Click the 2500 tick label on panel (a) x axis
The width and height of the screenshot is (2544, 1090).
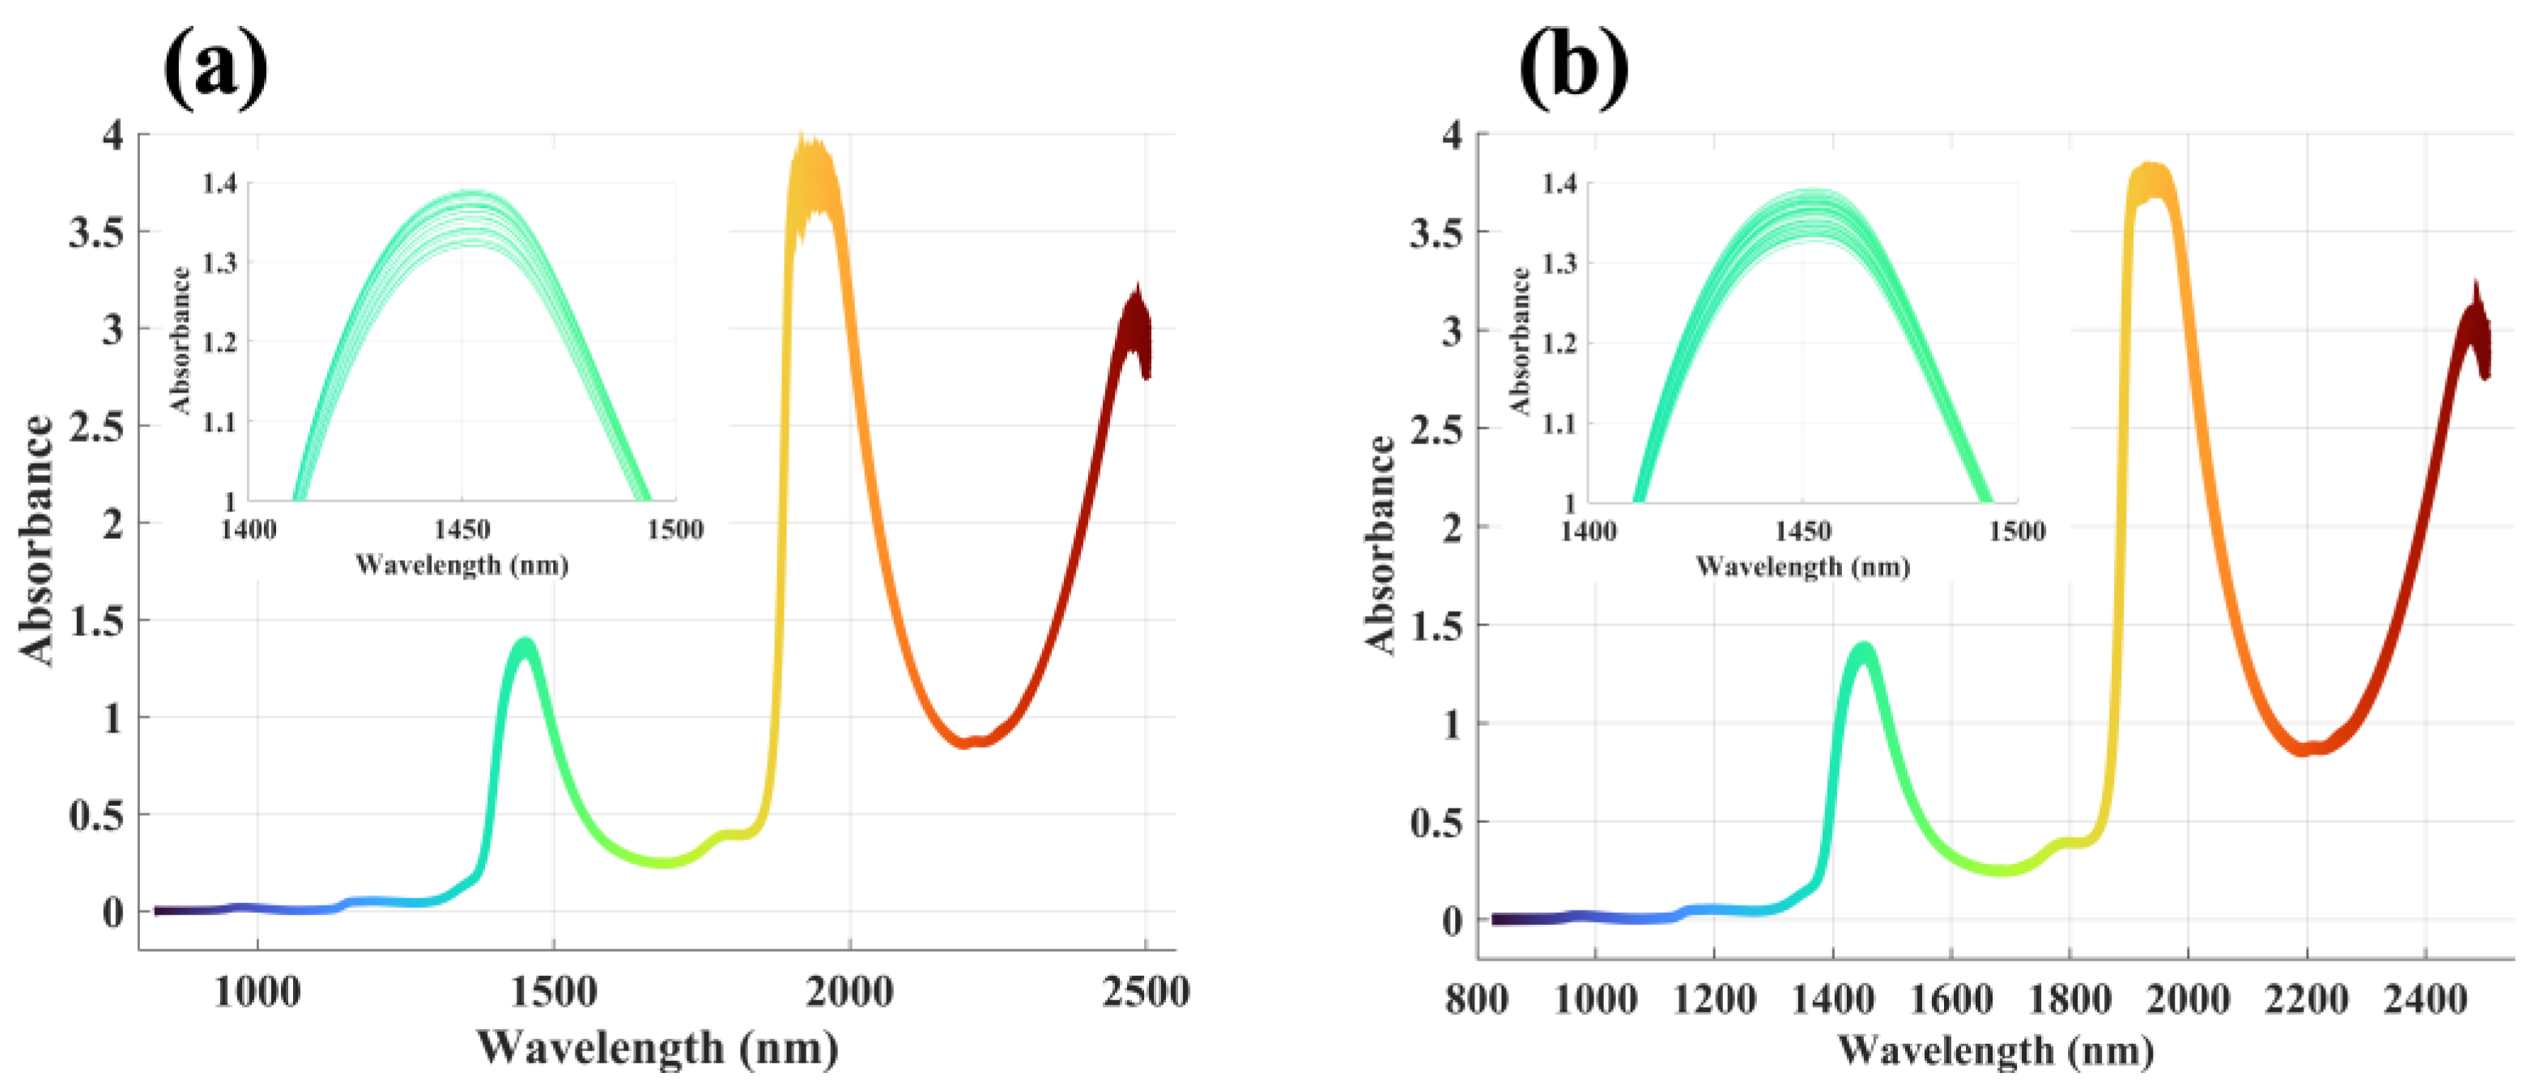1146,991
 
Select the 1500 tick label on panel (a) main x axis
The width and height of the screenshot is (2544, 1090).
553,991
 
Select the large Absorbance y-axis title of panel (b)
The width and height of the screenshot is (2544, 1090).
1381,545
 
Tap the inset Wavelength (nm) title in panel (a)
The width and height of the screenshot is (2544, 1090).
462,566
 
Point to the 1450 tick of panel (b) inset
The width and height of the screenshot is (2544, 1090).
1803,531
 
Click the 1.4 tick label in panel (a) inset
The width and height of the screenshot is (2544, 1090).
219,184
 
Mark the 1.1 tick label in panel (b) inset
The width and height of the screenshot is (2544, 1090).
1560,423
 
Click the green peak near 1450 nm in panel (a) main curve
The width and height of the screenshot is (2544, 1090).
525,647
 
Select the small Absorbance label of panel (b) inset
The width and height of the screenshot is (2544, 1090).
1520,341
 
